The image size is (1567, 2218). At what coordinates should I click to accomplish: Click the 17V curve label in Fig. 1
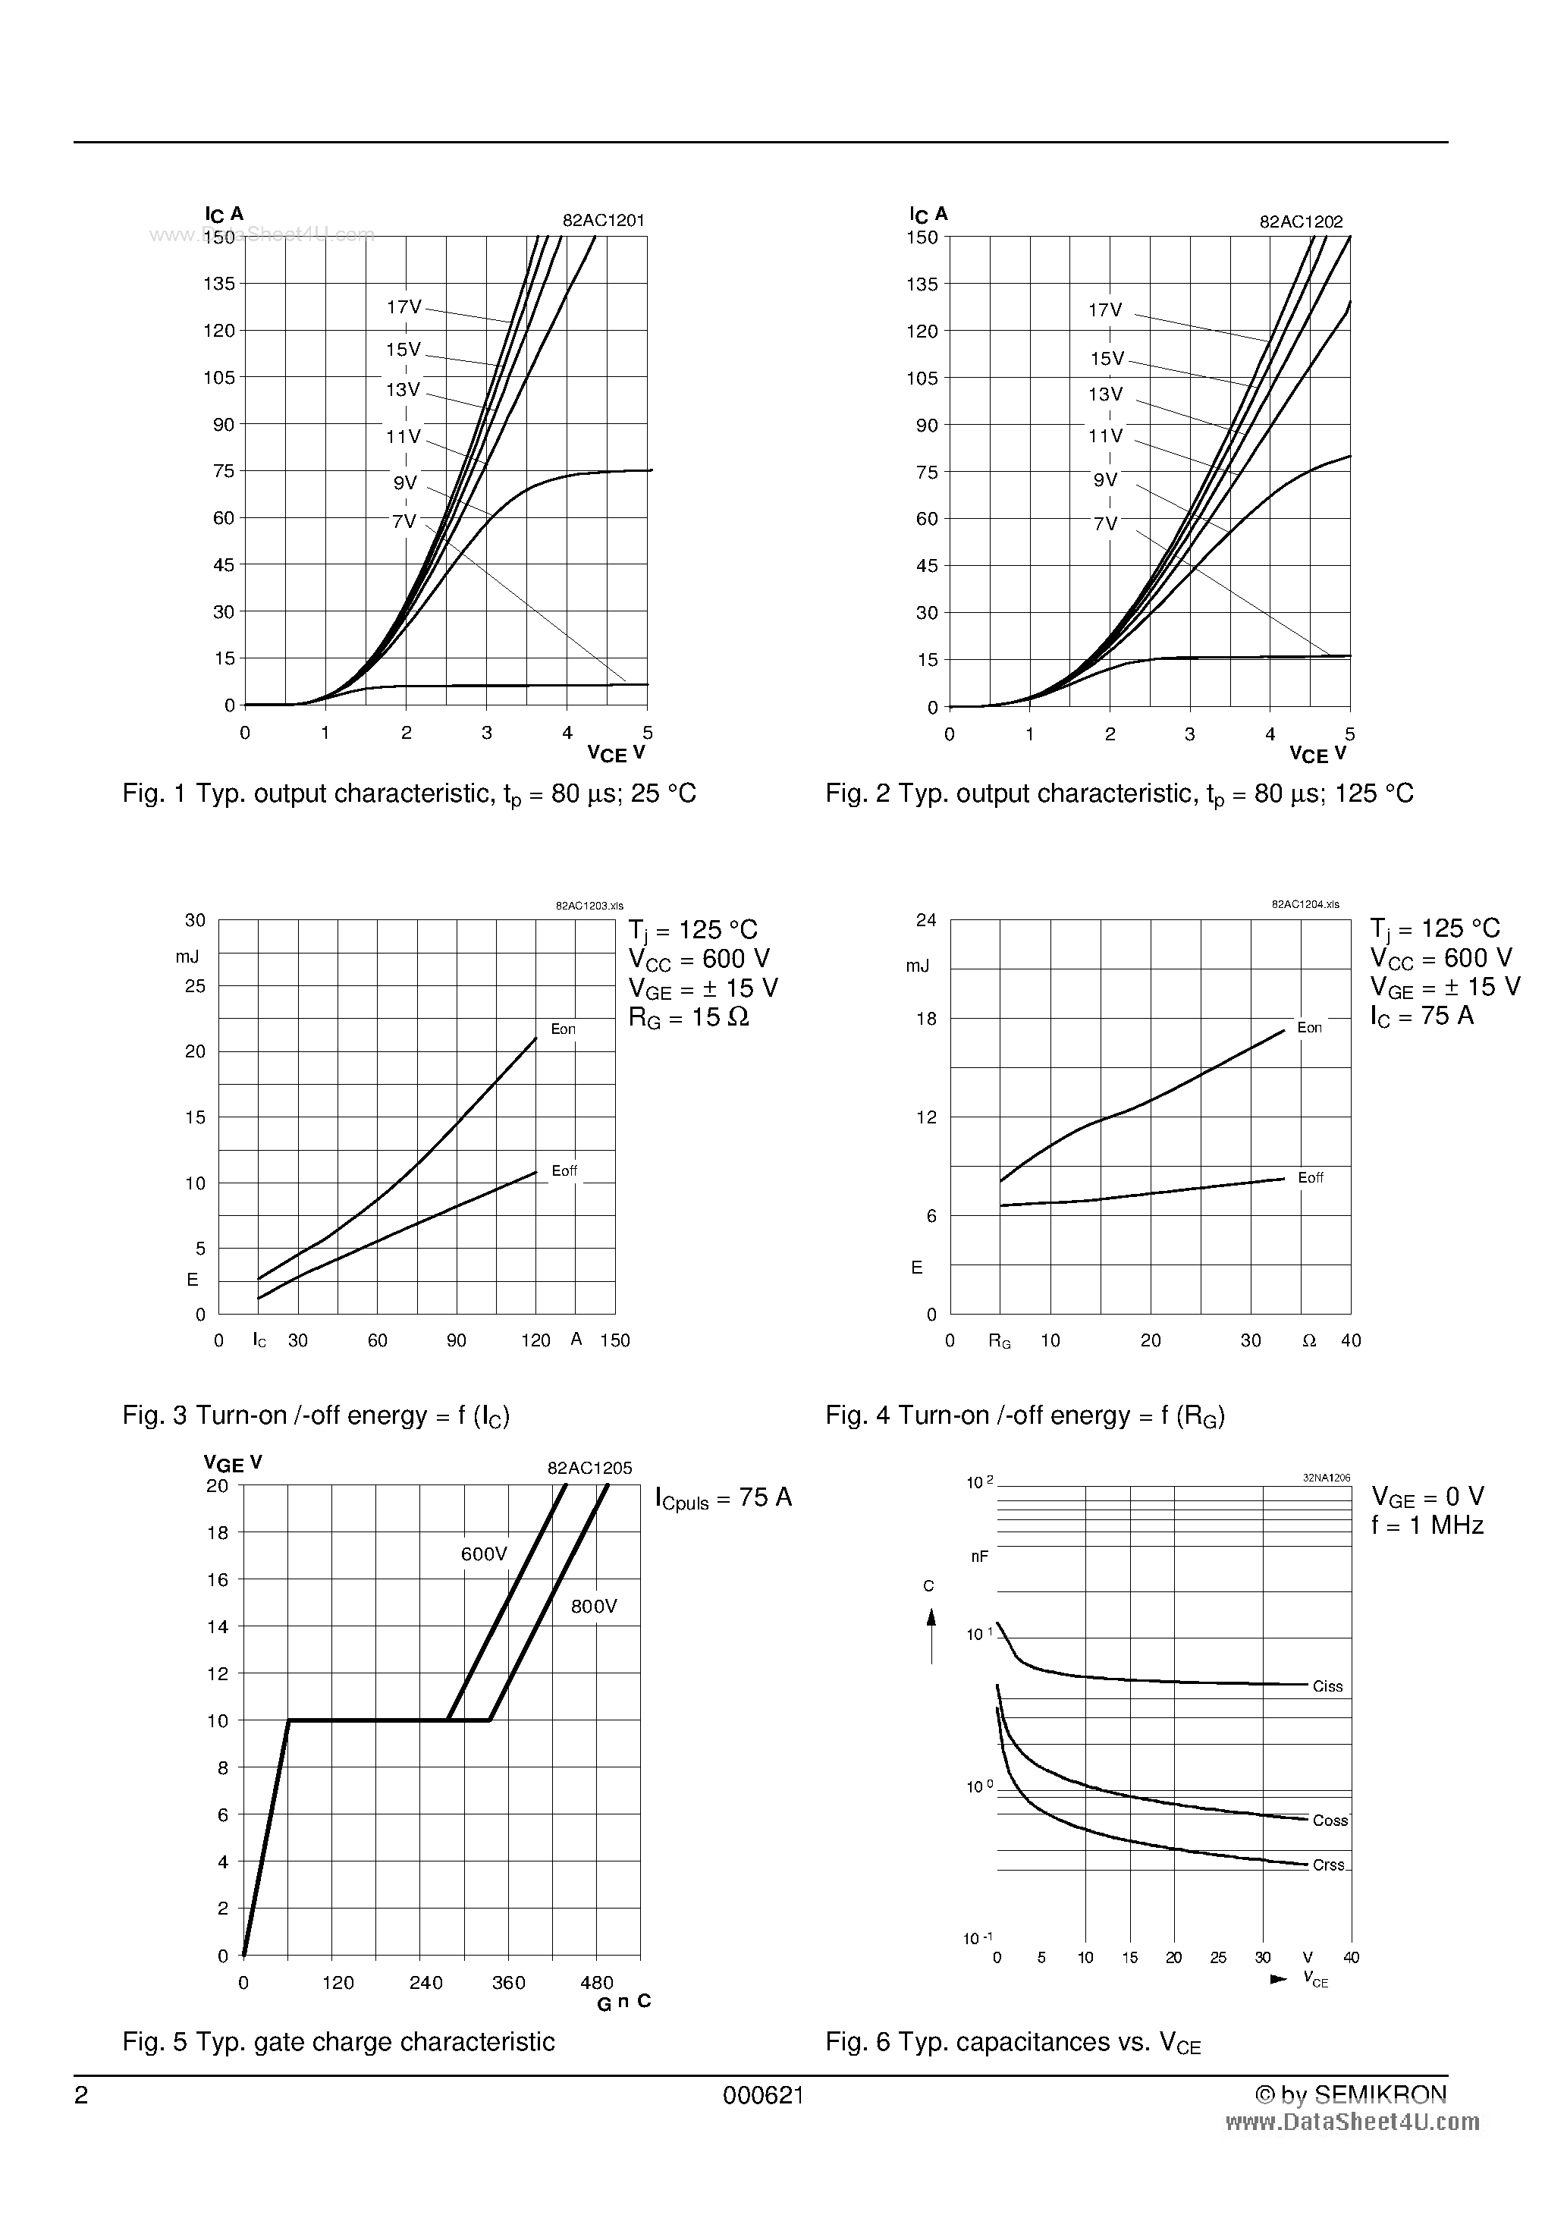tap(404, 307)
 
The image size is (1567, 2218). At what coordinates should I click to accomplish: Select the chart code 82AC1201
tap(604, 220)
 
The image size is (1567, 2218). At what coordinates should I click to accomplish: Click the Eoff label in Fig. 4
tap(1311, 1177)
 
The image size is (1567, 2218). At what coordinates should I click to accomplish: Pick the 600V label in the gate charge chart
tap(484, 1554)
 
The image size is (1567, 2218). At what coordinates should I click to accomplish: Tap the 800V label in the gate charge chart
tap(593, 1607)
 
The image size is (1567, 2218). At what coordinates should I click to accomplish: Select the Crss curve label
tap(1328, 1865)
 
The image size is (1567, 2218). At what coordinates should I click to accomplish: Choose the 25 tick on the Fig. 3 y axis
tap(195, 986)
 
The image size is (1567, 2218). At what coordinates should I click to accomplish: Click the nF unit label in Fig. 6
tap(980, 1557)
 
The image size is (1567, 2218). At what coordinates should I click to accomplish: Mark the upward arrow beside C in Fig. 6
tap(931, 1634)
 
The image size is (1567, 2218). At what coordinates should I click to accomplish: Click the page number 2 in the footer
tap(81, 2095)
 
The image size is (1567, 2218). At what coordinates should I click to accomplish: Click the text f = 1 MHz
tap(1427, 1526)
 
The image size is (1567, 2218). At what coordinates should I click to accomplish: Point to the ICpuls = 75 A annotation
tap(724, 1498)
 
